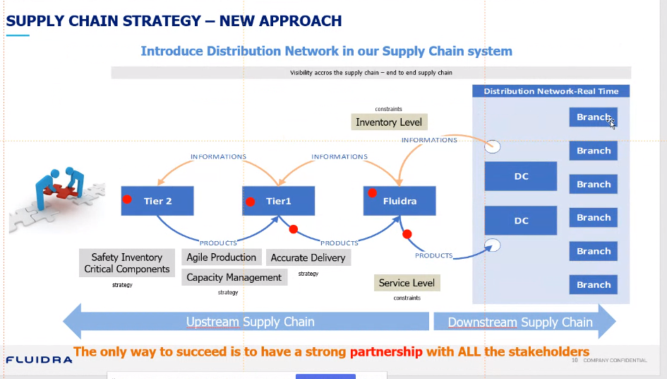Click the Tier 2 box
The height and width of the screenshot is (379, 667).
pyautogui.click(x=157, y=201)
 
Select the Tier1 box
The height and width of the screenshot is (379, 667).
pyautogui.click(x=278, y=201)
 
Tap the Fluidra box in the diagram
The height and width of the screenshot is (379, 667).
pyautogui.click(x=399, y=201)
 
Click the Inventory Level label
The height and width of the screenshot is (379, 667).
pyautogui.click(x=389, y=122)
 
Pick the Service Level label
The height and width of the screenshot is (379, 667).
pyautogui.click(x=407, y=283)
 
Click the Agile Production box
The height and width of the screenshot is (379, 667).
pyautogui.click(x=222, y=257)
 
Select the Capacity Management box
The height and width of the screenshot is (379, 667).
pyautogui.click(x=234, y=277)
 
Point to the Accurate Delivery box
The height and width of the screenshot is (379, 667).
pyautogui.click(x=308, y=258)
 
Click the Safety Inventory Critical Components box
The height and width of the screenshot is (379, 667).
pyautogui.click(x=127, y=263)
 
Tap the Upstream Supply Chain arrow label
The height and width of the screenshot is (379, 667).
pyautogui.click(x=250, y=322)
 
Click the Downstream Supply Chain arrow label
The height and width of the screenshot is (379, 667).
pyautogui.click(x=520, y=322)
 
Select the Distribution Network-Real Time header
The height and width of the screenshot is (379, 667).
pyautogui.click(x=551, y=91)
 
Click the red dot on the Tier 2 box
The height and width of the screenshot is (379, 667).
pyautogui.click(x=127, y=199)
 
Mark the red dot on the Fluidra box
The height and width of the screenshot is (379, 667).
pyautogui.click(x=371, y=192)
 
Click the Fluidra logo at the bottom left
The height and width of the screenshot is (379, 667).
pyautogui.click(x=39, y=360)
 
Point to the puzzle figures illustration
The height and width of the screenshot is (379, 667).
pyautogui.click(x=56, y=194)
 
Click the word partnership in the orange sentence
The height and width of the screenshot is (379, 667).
pyautogui.click(x=386, y=351)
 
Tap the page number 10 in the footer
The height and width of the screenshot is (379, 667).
pyautogui.click(x=575, y=361)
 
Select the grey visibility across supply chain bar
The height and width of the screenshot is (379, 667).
pyautogui.click(x=371, y=73)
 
